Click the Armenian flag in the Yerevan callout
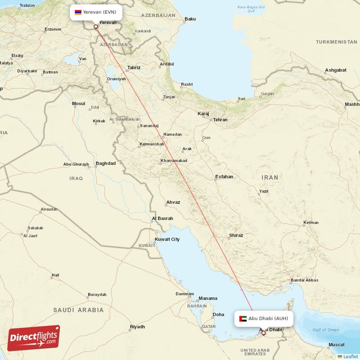[x=78, y=12]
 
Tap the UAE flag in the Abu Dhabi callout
[x=243, y=319]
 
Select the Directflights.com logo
[x=34, y=338]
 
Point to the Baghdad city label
[x=105, y=163]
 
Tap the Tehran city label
[x=220, y=120]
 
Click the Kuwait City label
[x=167, y=239]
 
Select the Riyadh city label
[x=137, y=327]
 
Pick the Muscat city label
[x=337, y=345]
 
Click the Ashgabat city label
[x=336, y=70]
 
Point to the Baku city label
[x=190, y=19]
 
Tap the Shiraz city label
[x=236, y=235]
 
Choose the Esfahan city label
[x=224, y=177]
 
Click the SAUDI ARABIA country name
[x=78, y=310]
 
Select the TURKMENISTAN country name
[x=336, y=42]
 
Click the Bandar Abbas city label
[x=305, y=280]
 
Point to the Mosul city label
[x=78, y=103]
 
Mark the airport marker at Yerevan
[x=95, y=27]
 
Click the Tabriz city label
[x=134, y=67]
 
